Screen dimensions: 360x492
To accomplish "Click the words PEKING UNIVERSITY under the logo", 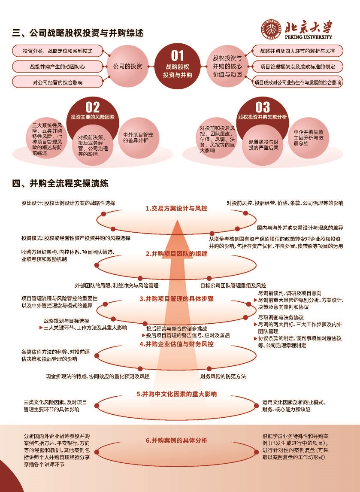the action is (x=309, y=37).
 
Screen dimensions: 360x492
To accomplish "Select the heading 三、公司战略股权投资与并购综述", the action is (x=78, y=33).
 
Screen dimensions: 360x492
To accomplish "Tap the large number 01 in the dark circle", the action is (x=177, y=56).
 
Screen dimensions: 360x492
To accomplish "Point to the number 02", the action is (x=93, y=108).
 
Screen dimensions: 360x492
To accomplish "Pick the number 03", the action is (x=263, y=108).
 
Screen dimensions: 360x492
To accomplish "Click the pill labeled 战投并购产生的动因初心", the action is (x=57, y=67).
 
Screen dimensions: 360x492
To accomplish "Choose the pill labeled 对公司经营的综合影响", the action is (x=57, y=82).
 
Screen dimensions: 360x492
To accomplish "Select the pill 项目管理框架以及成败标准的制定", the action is (x=298, y=67).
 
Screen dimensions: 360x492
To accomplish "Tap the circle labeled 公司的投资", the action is (x=127, y=66).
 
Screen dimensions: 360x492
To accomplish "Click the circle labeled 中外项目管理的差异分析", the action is (x=138, y=137).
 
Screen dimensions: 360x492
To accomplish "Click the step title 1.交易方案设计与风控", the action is (x=176, y=208).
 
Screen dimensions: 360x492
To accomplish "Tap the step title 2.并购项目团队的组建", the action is (x=176, y=254).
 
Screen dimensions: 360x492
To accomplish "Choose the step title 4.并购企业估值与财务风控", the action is (x=176, y=344).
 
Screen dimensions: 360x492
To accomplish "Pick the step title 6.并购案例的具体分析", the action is (x=176, y=440).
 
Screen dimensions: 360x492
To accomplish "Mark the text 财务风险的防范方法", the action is (x=223, y=376).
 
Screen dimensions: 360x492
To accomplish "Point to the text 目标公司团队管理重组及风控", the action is (x=233, y=285).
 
